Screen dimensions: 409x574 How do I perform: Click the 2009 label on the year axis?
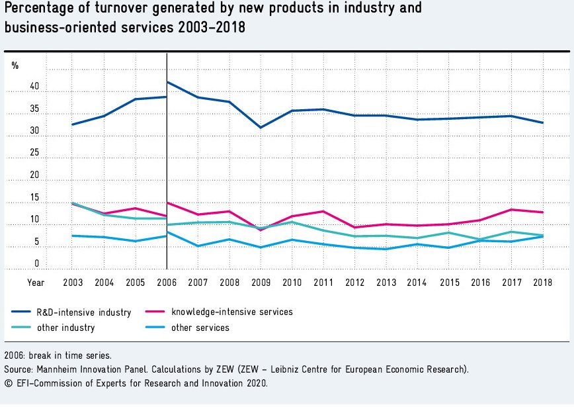[x=261, y=283]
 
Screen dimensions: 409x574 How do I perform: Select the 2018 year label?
[x=543, y=283]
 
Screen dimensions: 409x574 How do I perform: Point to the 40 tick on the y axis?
[x=34, y=87]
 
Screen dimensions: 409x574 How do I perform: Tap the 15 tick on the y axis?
[x=34, y=198]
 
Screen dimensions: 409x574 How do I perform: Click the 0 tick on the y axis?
[x=36, y=264]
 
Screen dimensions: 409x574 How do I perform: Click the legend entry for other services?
[x=200, y=328]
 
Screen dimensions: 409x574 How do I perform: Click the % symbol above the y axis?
[x=15, y=66]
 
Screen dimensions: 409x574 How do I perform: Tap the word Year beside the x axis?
[x=36, y=283]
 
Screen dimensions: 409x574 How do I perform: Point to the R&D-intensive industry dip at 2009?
[x=261, y=127]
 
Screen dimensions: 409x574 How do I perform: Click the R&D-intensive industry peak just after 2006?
[x=167, y=83]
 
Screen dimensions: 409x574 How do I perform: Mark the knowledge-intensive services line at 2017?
[x=512, y=209]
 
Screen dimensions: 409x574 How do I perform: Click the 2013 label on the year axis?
[x=386, y=283]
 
